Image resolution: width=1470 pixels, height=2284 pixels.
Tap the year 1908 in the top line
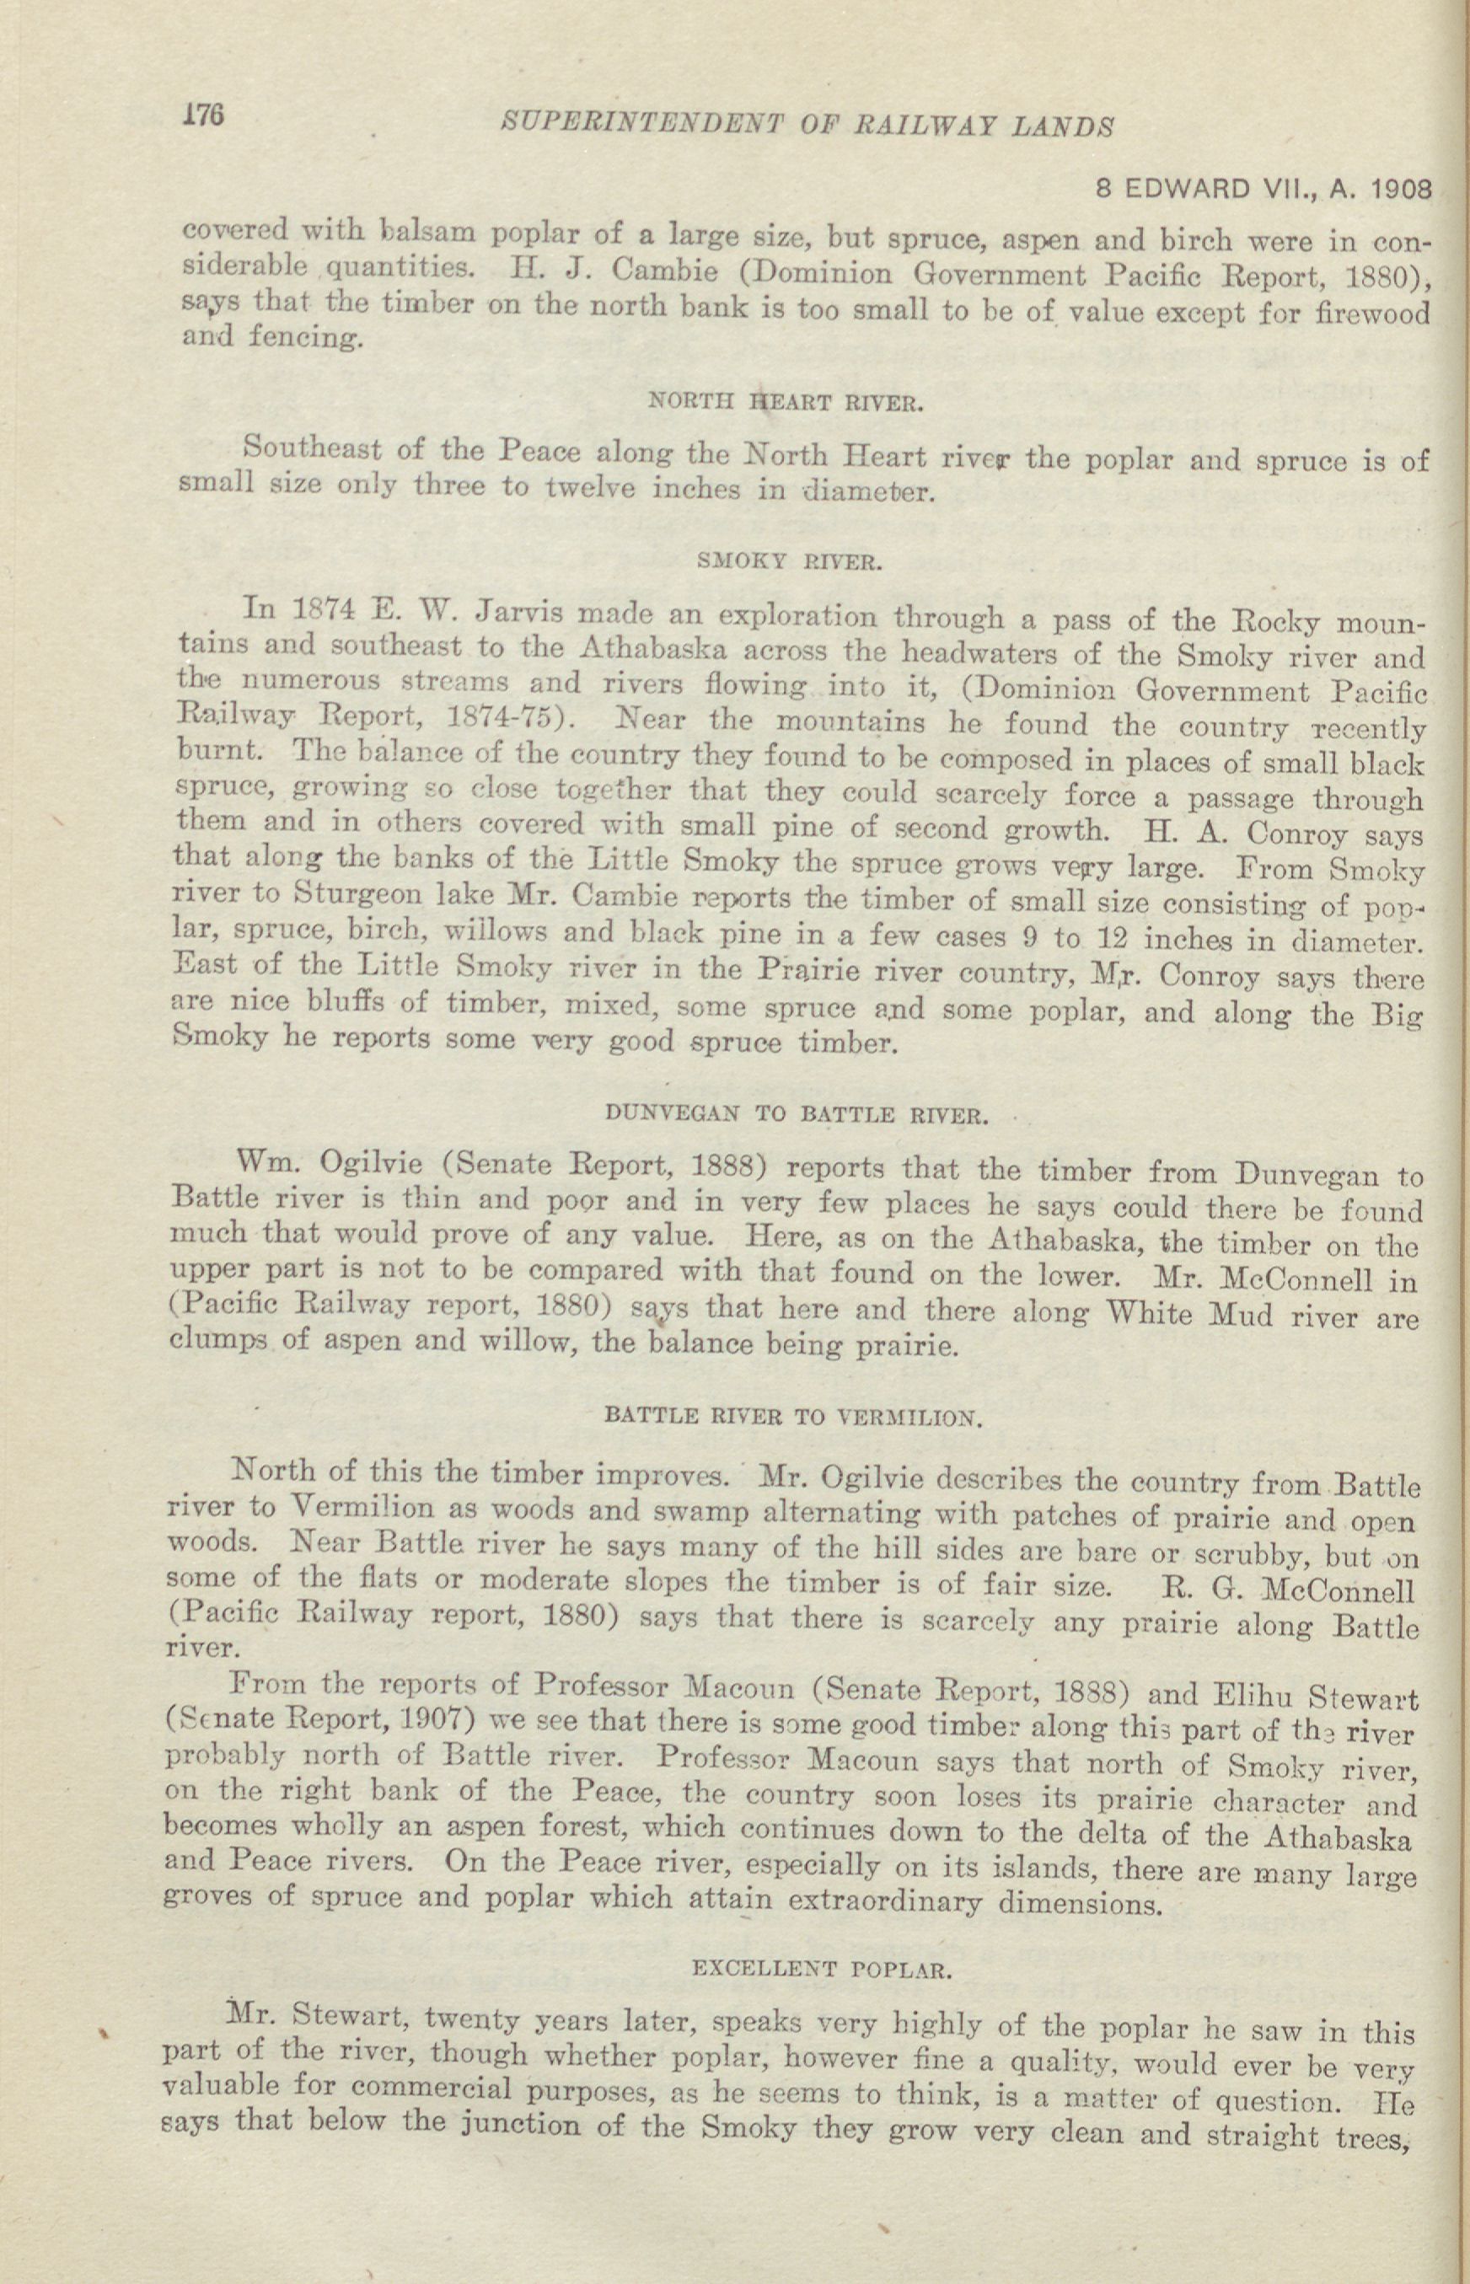(x=1399, y=189)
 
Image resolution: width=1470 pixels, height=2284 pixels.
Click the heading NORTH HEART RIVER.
(x=786, y=403)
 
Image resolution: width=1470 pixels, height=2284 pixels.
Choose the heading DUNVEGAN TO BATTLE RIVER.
(x=796, y=1113)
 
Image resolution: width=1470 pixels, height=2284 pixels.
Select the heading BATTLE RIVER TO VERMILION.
(x=793, y=1418)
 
